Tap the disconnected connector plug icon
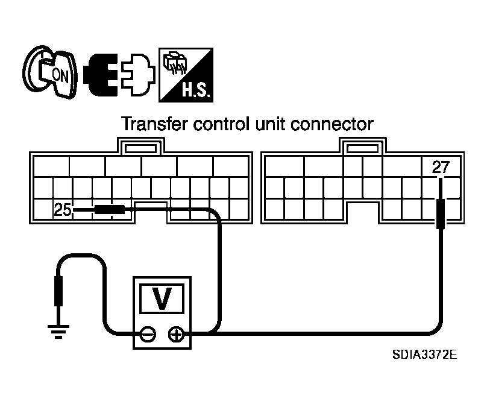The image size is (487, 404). click(119, 75)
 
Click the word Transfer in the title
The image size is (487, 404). click(155, 125)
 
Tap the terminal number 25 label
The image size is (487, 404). click(62, 210)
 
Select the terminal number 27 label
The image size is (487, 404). click(441, 168)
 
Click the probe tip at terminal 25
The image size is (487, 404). click(109, 210)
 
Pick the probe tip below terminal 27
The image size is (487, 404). click(441, 215)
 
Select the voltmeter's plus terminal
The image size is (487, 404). click(177, 333)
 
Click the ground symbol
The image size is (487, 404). click(59, 330)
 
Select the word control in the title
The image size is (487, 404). click(221, 125)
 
